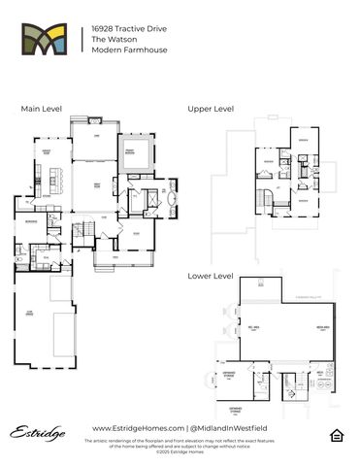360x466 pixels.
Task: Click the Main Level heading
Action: coord(41,110)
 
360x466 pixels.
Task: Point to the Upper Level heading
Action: coord(211,110)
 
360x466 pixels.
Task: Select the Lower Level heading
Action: coord(211,276)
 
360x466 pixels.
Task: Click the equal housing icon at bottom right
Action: coord(337,432)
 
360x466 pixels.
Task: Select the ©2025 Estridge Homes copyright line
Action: coord(179,450)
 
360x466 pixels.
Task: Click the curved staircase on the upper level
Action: coord(265,198)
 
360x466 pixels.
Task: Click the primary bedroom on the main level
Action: coord(129,151)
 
